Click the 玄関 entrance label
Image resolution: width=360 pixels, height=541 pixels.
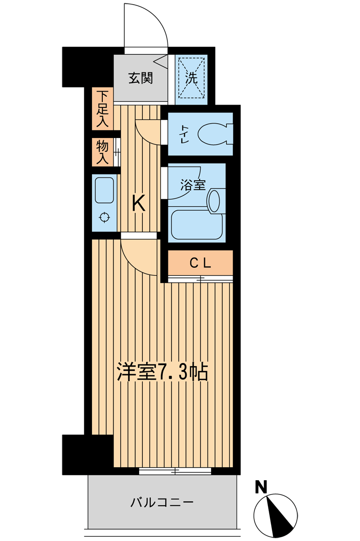pyautogui.click(x=140, y=78)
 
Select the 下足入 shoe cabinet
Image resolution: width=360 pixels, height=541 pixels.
pyautogui.click(x=102, y=109)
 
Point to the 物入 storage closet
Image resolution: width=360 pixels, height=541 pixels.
pyautogui.click(x=102, y=152)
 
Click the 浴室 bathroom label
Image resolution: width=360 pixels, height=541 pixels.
pyautogui.click(x=193, y=185)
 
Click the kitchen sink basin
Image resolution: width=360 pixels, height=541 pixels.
pyautogui.click(x=104, y=190)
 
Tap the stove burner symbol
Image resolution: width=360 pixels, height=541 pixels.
pyautogui.click(x=104, y=218)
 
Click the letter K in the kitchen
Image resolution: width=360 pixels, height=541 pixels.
pyautogui.click(x=138, y=204)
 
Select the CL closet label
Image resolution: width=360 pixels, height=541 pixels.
pyautogui.click(x=200, y=263)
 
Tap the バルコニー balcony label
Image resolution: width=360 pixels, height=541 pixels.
pyautogui.click(x=161, y=502)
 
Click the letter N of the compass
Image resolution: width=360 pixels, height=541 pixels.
pyautogui.click(x=261, y=488)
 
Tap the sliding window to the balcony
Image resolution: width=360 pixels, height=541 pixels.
pyautogui.click(x=175, y=471)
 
